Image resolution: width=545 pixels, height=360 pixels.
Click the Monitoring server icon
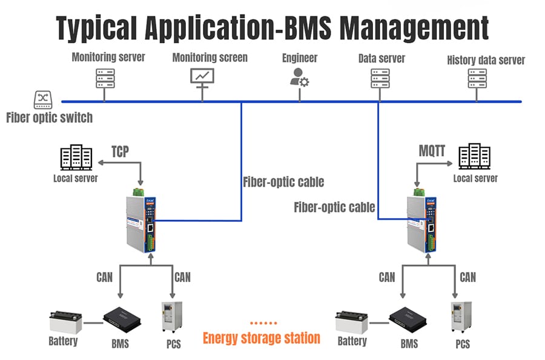coord(105,78)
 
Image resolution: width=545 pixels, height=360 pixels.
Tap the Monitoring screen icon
coord(202,76)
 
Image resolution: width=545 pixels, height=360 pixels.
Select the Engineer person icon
coord(299,77)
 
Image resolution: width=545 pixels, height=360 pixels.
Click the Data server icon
coord(380,78)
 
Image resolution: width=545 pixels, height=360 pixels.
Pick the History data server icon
coord(477,78)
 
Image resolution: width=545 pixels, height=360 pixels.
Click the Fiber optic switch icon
coord(43,100)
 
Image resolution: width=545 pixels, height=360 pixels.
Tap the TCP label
coord(121,152)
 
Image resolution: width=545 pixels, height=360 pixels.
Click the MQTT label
coord(432,151)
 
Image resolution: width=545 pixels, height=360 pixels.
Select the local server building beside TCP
coord(76,157)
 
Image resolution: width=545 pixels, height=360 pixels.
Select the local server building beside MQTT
coord(474,156)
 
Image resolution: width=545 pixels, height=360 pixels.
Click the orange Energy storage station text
coord(262,338)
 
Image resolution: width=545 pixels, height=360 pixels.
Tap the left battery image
coord(65,322)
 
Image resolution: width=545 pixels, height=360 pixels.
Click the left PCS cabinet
coord(172,317)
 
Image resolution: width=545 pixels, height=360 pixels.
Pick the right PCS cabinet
coord(461,317)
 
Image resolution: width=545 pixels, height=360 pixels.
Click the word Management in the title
coord(414,28)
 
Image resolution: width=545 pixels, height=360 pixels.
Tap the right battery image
coord(352,322)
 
